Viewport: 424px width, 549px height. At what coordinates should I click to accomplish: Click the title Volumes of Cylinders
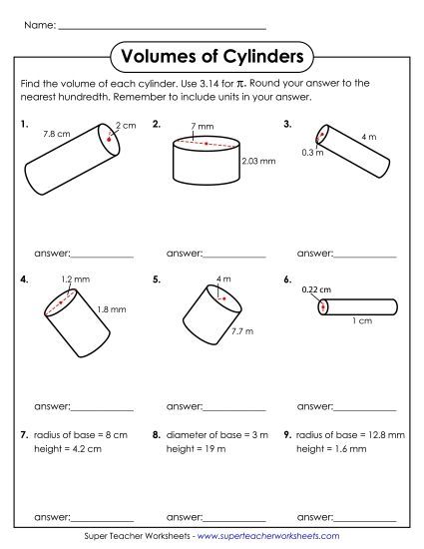[211, 53]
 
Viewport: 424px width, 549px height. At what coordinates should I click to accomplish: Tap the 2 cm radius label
[125, 125]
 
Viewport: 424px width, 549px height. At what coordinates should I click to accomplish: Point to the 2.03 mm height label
[258, 159]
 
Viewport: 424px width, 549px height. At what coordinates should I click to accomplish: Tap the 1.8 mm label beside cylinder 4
[112, 309]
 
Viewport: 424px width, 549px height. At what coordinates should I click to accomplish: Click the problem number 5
[157, 280]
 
